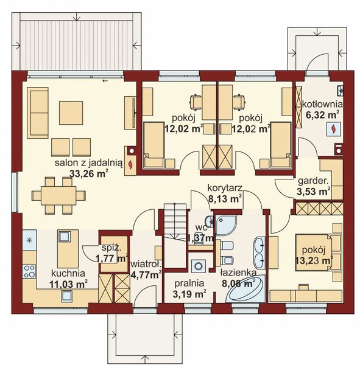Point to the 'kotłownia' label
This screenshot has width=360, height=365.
[322, 104]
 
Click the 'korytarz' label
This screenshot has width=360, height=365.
[225, 189]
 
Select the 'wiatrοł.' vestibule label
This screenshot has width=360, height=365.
[146, 265]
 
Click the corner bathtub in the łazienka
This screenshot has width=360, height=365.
[246, 290]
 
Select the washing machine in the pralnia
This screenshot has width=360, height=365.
[197, 266]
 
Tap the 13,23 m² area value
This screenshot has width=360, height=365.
[316, 262]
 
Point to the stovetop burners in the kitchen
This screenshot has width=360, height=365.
[28, 271]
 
